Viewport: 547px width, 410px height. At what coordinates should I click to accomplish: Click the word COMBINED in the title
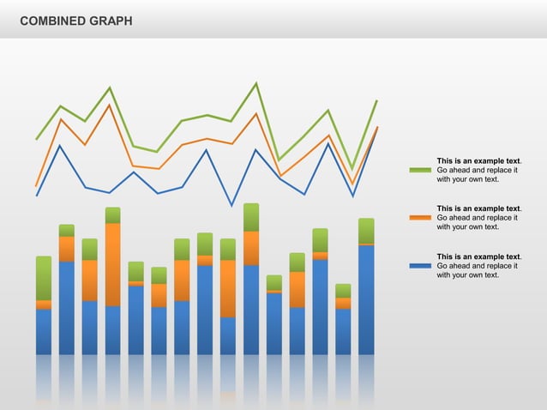pos(51,20)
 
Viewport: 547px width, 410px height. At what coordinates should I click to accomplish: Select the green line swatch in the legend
pos(420,170)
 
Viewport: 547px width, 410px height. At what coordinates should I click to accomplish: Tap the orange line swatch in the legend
pos(420,218)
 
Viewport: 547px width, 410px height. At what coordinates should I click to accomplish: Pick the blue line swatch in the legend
pos(420,266)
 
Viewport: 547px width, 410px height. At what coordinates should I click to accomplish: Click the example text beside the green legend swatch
pos(478,170)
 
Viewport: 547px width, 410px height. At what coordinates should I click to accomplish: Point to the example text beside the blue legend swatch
pos(478,266)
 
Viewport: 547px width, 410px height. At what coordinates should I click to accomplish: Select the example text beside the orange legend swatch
pos(478,218)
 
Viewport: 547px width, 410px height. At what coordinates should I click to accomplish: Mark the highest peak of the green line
pos(255,83)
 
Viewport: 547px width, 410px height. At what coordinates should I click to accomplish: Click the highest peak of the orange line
pos(109,105)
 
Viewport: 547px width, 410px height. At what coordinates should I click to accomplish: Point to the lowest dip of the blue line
pos(231,206)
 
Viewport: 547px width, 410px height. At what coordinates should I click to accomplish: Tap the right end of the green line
pos(376,101)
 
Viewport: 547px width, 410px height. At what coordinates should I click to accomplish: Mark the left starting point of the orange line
pos(36,185)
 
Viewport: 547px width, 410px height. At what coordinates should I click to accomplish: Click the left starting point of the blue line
pos(36,196)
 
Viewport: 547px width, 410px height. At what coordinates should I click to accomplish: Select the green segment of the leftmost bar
pos(44,278)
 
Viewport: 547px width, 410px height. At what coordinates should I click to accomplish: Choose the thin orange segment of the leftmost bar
pos(44,304)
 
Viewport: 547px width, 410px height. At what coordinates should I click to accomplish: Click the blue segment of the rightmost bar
pos(366,299)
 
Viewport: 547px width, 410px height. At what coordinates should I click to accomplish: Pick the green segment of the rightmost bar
pos(366,231)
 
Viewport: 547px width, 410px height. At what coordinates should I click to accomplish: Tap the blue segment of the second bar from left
pos(67,307)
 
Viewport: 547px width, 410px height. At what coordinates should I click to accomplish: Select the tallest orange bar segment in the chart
pos(113,264)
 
